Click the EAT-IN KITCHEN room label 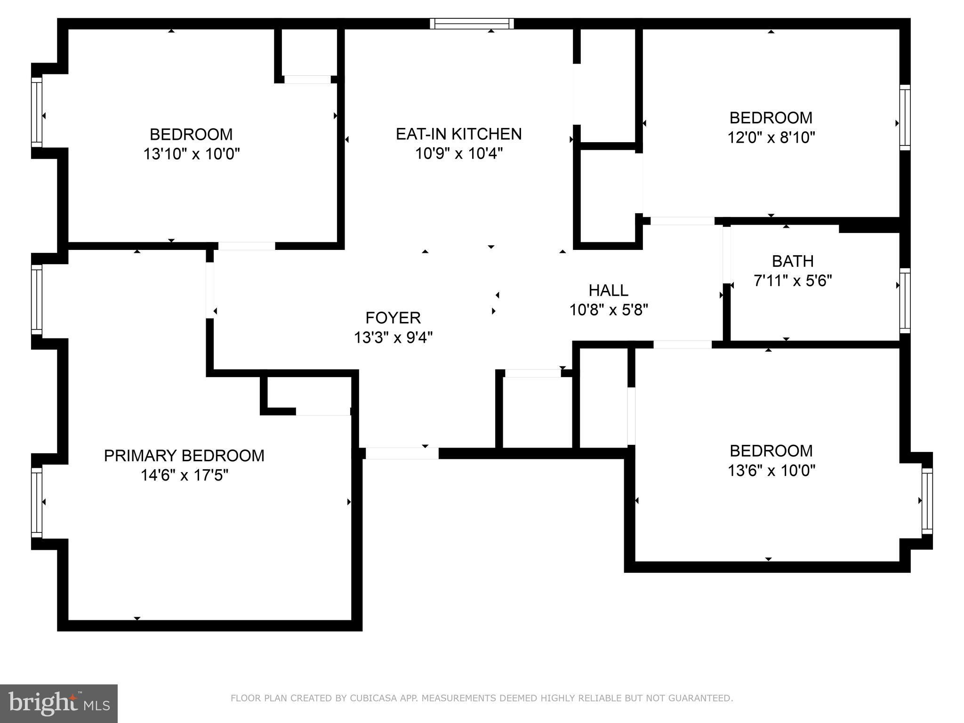pos(458,134)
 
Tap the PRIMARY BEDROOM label pos(184,456)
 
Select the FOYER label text pos(393,318)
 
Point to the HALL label pos(608,290)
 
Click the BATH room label pos(793,261)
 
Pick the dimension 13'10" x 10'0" pos(192,154)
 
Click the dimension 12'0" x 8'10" pos(771,137)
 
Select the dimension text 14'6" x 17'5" pos(184,475)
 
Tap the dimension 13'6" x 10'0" pos(771,471)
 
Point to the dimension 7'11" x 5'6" pos(793,281)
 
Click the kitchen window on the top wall pos(472,24)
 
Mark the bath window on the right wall pos(905,300)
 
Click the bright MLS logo pos(59,703)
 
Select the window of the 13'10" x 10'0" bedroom pos(37,112)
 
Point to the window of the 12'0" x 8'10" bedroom pos(905,118)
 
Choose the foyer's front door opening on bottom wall pos(402,453)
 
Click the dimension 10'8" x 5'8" pos(609,310)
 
